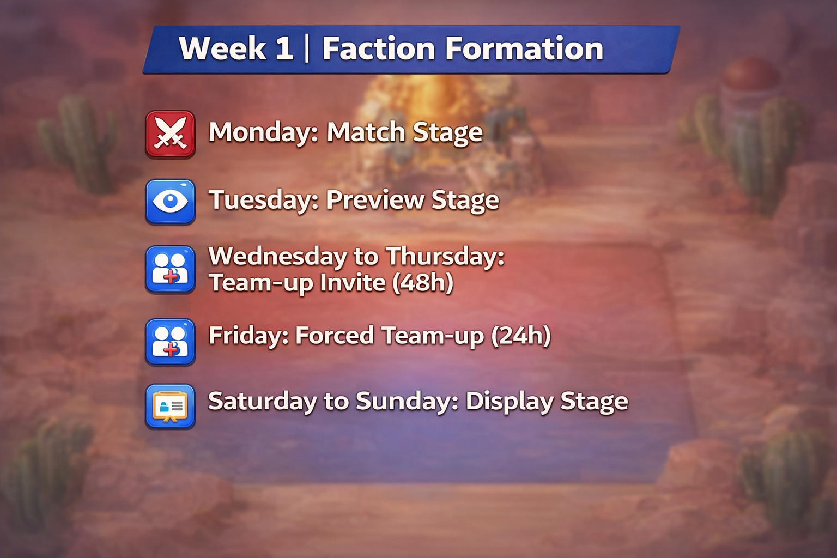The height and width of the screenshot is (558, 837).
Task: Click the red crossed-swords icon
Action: pos(170,134)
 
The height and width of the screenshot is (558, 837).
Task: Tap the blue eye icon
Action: pos(170,201)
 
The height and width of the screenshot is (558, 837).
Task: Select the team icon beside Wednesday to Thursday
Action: pos(170,269)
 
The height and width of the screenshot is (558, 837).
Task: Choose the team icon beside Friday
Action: pos(170,342)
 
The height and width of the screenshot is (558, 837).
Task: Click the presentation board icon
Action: pos(170,407)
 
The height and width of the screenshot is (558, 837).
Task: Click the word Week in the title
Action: pos(222,49)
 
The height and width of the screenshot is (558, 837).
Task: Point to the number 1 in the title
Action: pos(284,49)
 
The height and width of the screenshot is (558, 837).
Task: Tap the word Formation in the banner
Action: pos(525,49)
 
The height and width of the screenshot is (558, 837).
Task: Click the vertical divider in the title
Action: pos(307,49)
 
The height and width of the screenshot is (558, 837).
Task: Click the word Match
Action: pos(366,132)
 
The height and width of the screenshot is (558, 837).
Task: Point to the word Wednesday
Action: pos(277,256)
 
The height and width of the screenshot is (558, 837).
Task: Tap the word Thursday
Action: pos(445,256)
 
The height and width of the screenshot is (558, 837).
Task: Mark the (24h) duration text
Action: pos(521,336)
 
